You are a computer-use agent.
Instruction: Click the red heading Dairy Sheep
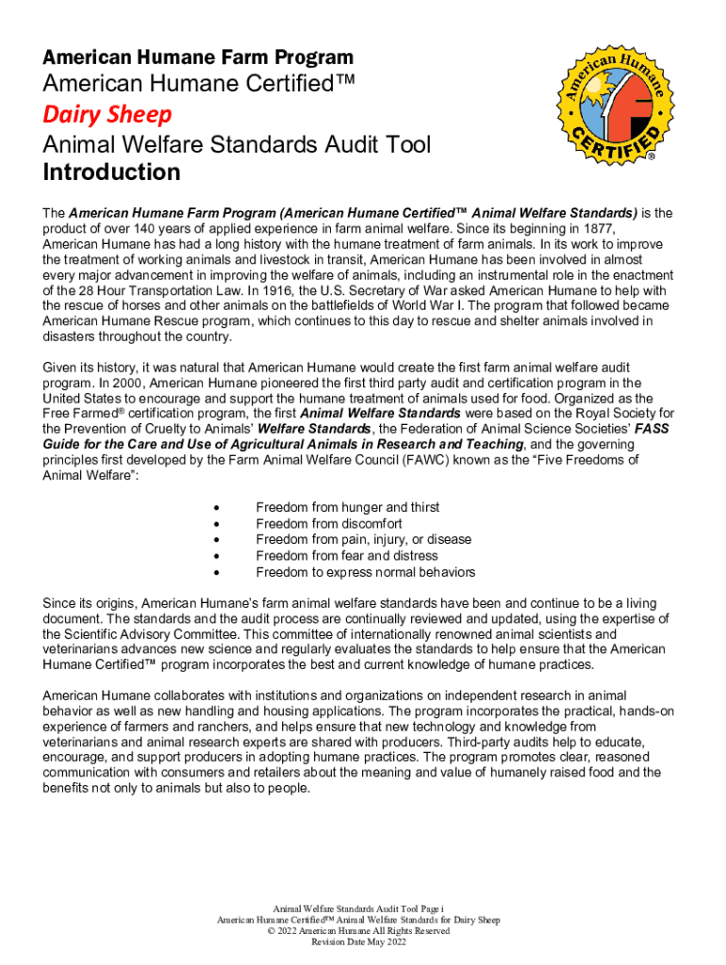click(x=107, y=115)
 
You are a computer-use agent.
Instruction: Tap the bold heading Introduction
click(x=111, y=172)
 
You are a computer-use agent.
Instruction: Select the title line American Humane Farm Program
click(x=198, y=57)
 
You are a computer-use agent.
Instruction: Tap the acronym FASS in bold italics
click(x=652, y=429)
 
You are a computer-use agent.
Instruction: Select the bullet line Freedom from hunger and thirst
click(x=347, y=508)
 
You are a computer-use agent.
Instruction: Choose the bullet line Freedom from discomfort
click(x=328, y=524)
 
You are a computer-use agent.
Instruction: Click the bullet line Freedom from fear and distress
click(x=346, y=556)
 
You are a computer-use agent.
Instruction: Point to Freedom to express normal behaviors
click(x=365, y=572)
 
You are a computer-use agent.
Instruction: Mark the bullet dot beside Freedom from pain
click(x=218, y=540)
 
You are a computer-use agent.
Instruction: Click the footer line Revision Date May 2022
click(x=358, y=942)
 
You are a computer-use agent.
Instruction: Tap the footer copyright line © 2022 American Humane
click(x=358, y=931)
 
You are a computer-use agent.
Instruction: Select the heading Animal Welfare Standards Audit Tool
click(x=237, y=145)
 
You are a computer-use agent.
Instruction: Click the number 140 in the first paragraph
click(x=135, y=229)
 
